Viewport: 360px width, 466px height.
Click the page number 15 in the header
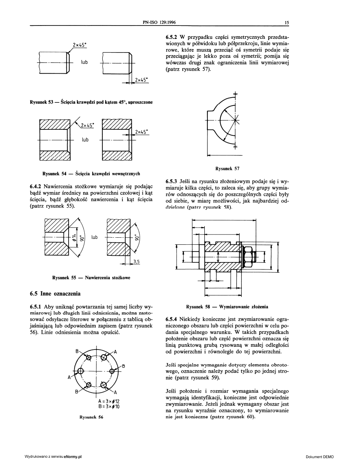(x=287, y=23)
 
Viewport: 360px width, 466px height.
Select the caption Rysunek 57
(x=227, y=169)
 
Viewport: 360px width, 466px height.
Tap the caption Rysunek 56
(x=91, y=417)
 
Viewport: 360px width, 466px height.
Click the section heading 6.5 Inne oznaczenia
(x=55, y=293)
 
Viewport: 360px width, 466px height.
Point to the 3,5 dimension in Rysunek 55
(x=137, y=261)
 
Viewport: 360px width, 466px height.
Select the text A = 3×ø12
(x=109, y=401)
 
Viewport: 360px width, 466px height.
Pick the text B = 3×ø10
(x=109, y=407)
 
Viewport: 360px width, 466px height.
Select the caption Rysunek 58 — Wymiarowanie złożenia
(x=227, y=306)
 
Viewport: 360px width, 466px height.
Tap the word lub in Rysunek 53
(x=84, y=62)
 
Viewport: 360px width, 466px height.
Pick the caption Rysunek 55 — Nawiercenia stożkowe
(x=91, y=278)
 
